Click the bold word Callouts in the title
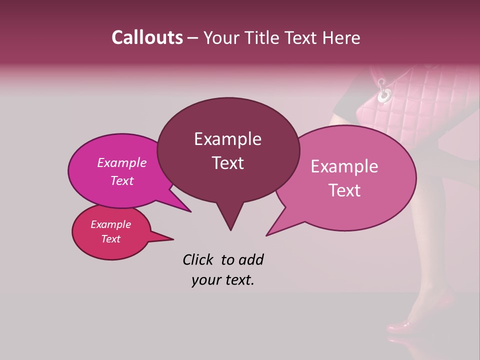click(x=147, y=37)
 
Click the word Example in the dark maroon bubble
click(x=227, y=139)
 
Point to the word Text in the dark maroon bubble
click(x=227, y=163)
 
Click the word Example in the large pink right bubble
click(x=344, y=166)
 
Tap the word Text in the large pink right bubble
click(x=344, y=190)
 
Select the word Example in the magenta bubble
click(x=122, y=162)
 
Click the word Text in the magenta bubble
click(x=122, y=180)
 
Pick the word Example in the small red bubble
click(x=111, y=224)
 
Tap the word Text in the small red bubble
click(x=111, y=239)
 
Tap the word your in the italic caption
click(x=204, y=280)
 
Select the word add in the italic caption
click(x=251, y=259)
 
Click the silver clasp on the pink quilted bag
click(x=384, y=93)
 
